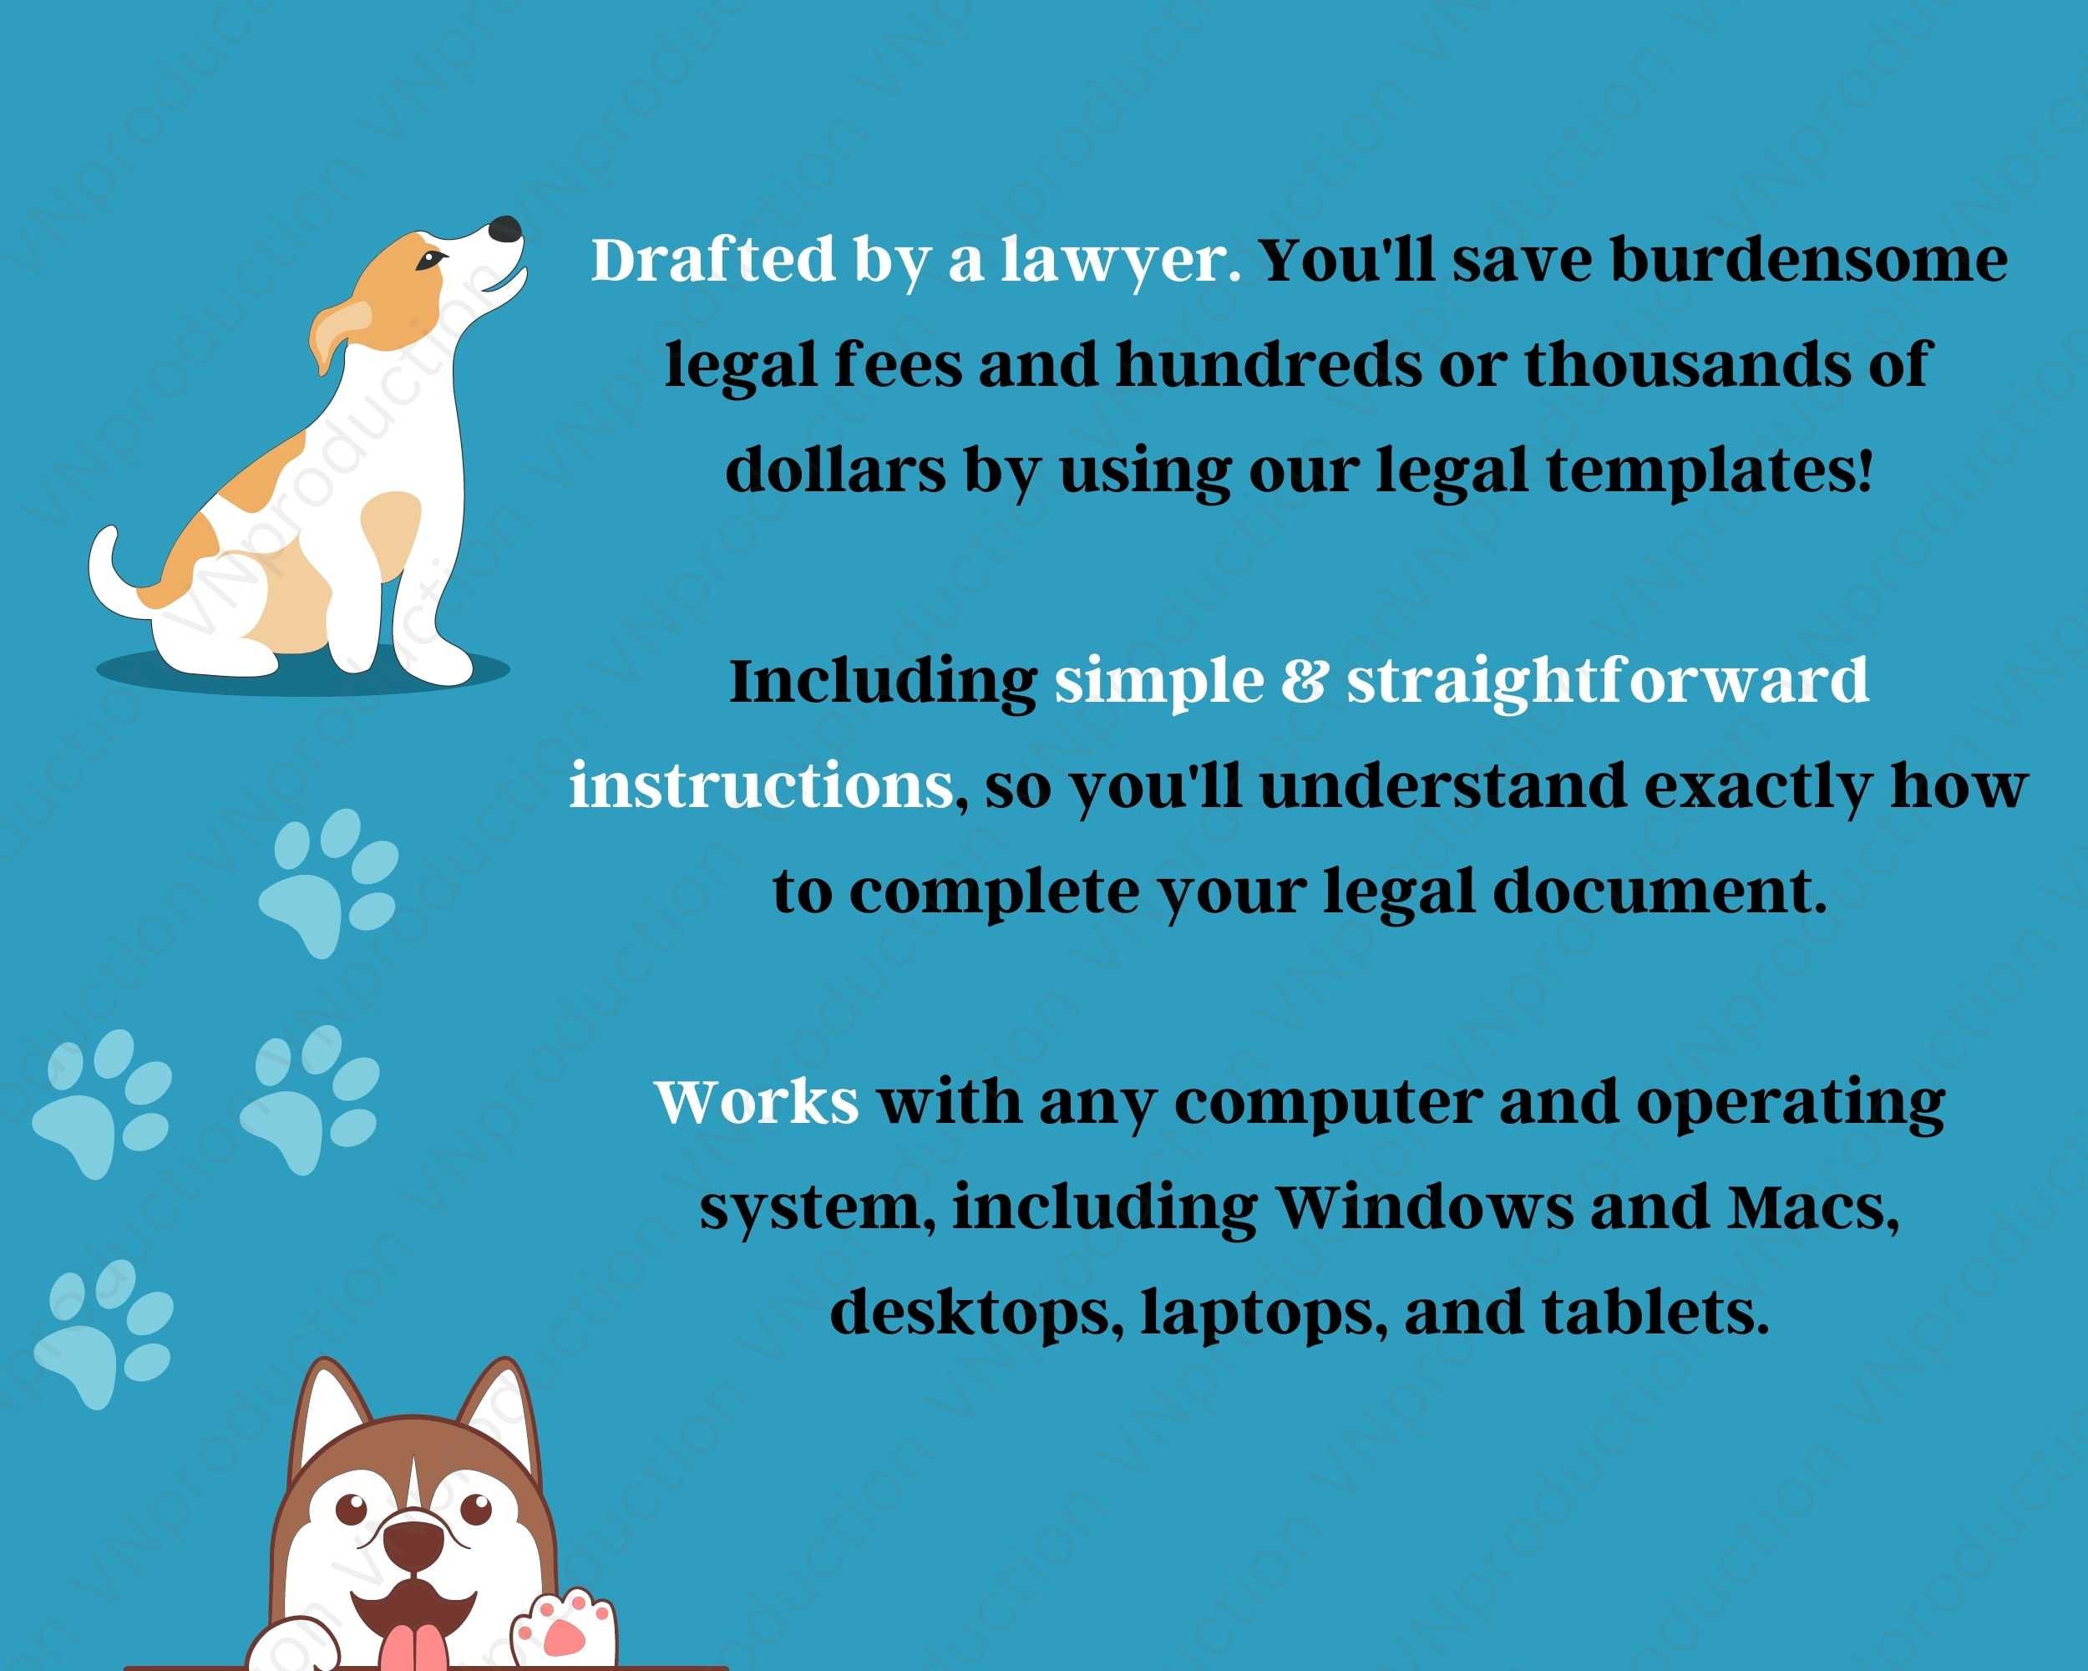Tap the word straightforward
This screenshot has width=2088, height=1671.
pyautogui.click(x=1608, y=682)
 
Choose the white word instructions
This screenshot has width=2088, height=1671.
pyautogui.click(x=761, y=785)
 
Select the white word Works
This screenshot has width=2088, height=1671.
pyautogui.click(x=757, y=1101)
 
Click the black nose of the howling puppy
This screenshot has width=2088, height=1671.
pyautogui.click(x=504, y=230)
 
